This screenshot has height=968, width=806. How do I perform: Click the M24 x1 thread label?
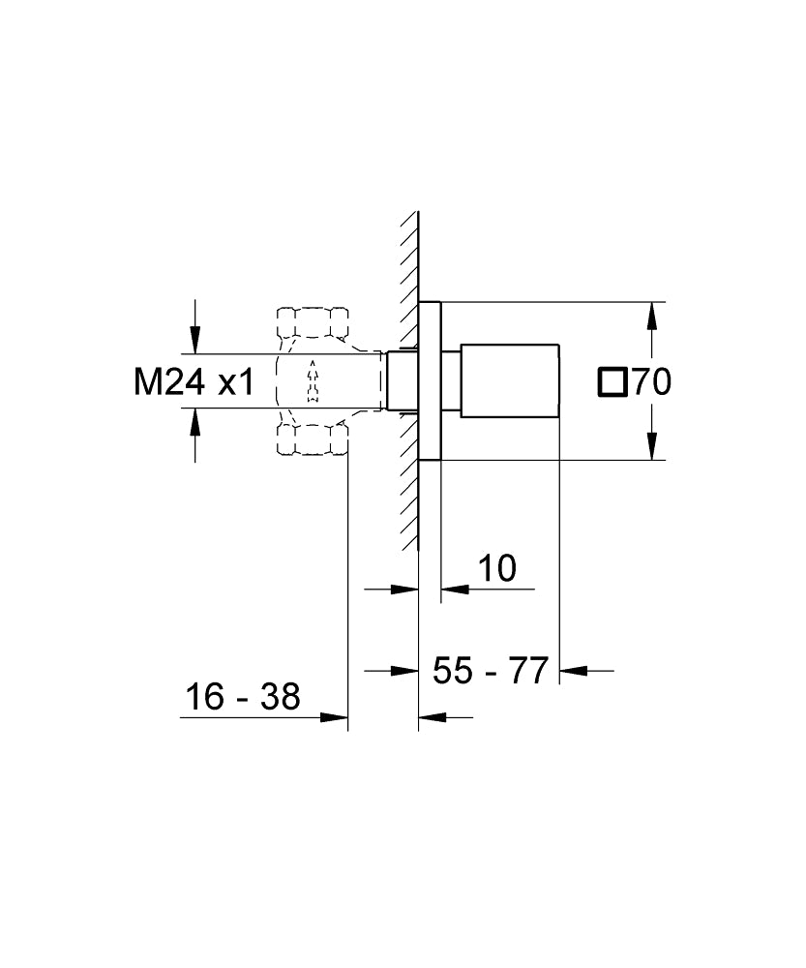tap(193, 382)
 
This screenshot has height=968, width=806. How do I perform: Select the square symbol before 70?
tap(612, 382)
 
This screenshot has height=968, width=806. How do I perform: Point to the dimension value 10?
tap(496, 568)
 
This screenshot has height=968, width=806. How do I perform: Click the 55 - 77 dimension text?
tap(490, 670)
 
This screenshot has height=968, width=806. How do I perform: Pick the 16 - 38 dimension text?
tap(242, 696)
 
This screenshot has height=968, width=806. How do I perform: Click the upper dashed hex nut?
tap(313, 322)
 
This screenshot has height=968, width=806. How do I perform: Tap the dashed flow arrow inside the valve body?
tap(312, 380)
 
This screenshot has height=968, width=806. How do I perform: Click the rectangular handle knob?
tap(510, 380)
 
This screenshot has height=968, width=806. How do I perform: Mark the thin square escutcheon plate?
tap(430, 380)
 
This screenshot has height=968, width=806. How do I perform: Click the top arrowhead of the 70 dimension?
tap(654, 315)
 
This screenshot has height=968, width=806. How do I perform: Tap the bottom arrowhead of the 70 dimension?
tap(654, 447)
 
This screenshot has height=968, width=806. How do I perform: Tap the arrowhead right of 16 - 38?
tap(335, 717)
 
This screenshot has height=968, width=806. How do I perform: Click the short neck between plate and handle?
tap(450, 380)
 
